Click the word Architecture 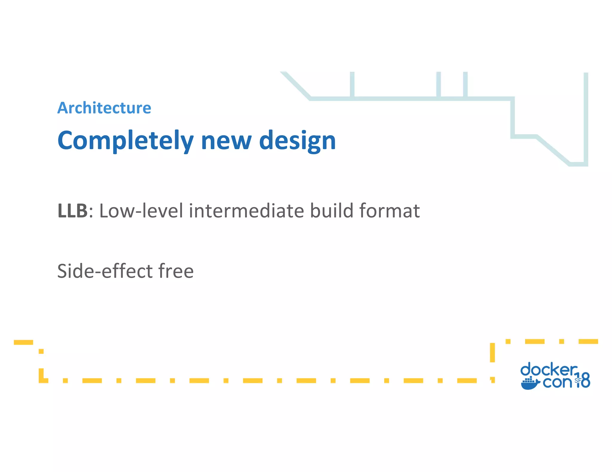(x=104, y=108)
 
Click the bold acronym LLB (x=73, y=211)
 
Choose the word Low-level (x=141, y=211)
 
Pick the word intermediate (x=247, y=211)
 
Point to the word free (x=176, y=271)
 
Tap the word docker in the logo (x=549, y=370)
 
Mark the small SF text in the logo (x=577, y=380)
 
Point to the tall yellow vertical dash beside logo (x=492, y=352)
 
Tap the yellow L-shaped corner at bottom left (x=42, y=377)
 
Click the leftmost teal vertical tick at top (x=352, y=84)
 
